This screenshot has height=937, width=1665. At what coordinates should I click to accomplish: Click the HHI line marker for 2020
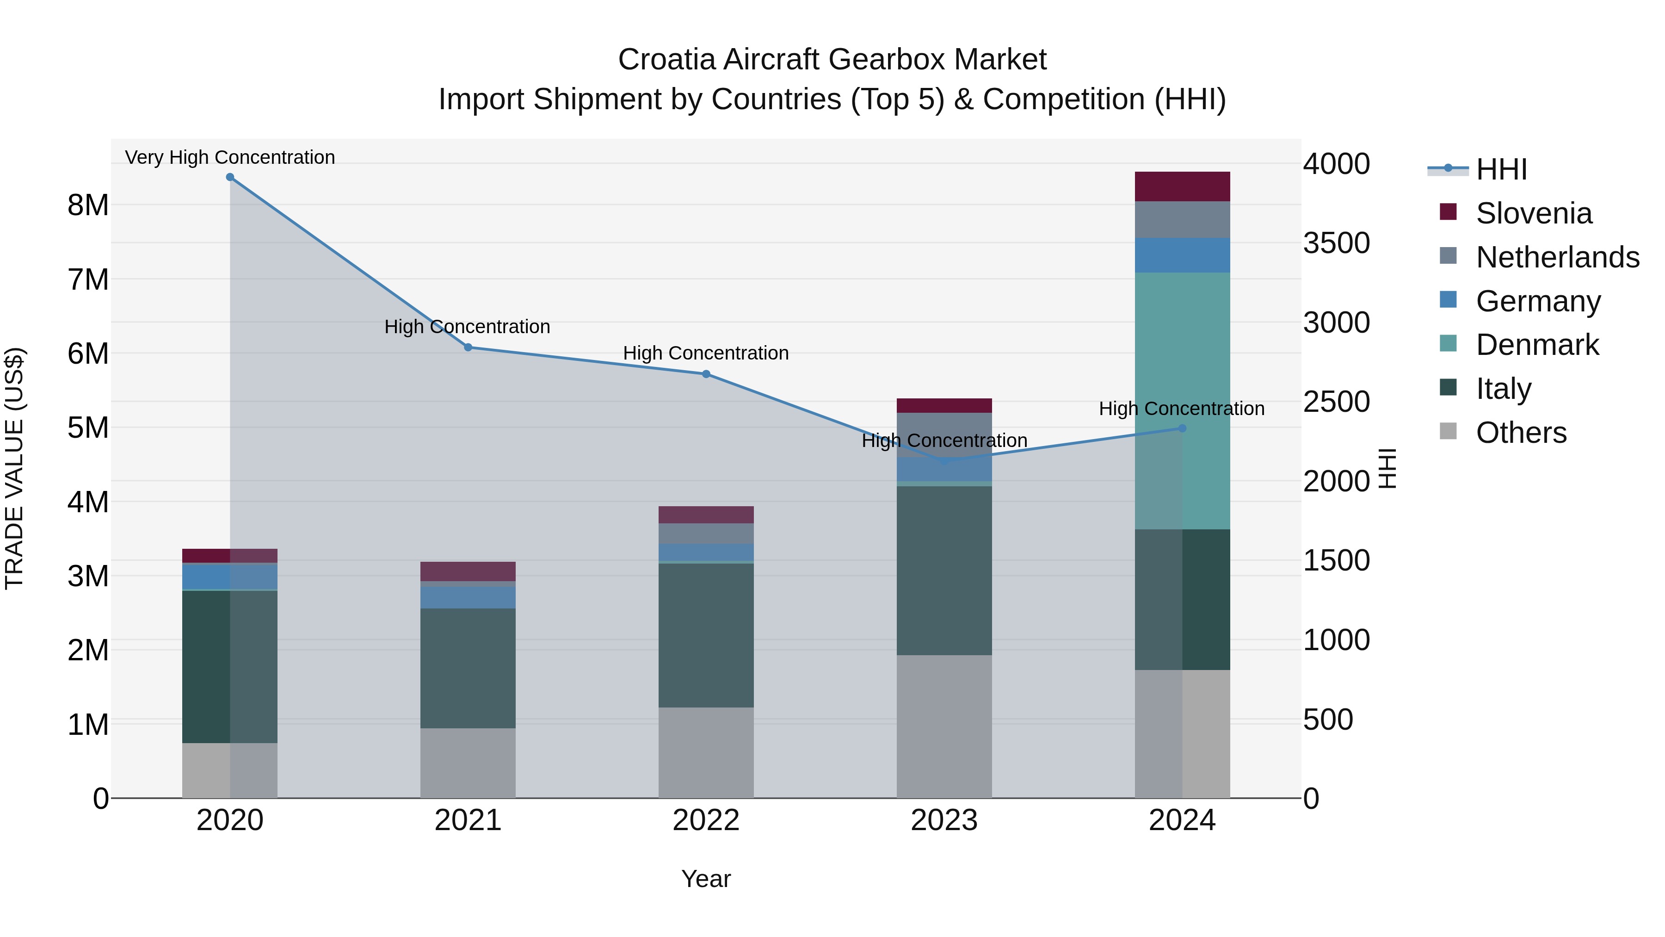pyautogui.click(x=230, y=177)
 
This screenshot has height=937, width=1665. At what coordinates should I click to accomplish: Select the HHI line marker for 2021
pyautogui.click(x=468, y=347)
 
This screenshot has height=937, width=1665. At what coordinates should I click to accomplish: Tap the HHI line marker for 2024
pyautogui.click(x=1182, y=428)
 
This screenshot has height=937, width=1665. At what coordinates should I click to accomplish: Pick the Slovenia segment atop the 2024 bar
pyautogui.click(x=1182, y=186)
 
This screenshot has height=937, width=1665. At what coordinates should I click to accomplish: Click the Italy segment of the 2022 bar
pyautogui.click(x=706, y=635)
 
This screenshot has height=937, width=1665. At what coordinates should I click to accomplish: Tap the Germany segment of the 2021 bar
pyautogui.click(x=468, y=597)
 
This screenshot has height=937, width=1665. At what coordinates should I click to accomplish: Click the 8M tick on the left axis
pyautogui.click(x=88, y=205)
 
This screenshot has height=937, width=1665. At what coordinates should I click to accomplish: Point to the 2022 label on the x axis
pyautogui.click(x=706, y=820)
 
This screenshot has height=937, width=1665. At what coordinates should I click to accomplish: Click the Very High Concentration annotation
pyautogui.click(x=230, y=157)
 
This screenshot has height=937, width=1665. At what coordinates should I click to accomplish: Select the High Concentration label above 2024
pyautogui.click(x=1182, y=409)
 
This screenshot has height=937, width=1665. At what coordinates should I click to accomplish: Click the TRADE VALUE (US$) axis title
pyautogui.click(x=14, y=468)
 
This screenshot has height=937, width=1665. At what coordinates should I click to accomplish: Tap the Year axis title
pyautogui.click(x=706, y=879)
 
